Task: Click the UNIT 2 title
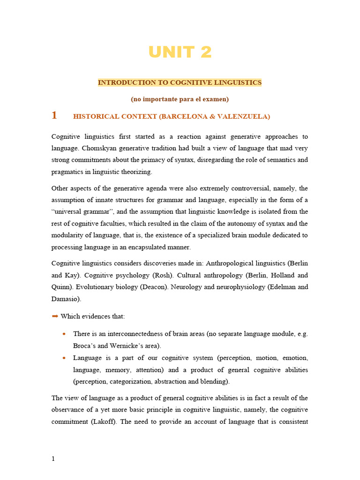(180, 52)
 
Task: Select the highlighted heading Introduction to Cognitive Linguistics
(180, 82)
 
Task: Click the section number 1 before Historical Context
(54, 115)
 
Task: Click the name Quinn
(61, 287)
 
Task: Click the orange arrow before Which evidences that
(54, 316)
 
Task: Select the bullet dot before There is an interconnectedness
(64, 334)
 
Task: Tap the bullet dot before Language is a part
(64, 358)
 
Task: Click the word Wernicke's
(127, 346)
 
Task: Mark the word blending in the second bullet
(213, 382)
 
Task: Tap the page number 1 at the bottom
(53, 458)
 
